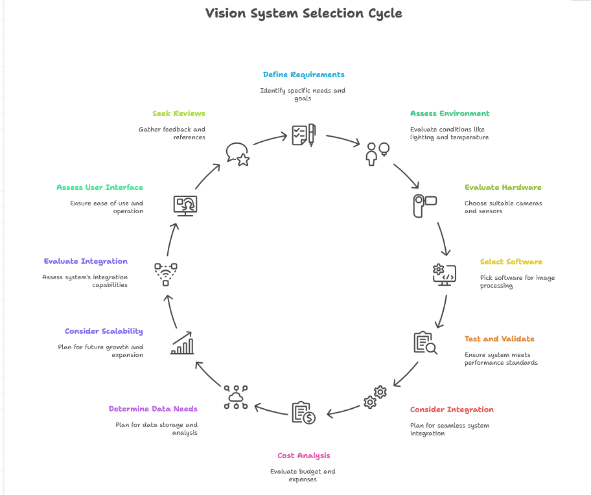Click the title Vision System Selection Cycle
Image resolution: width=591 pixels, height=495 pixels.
click(303, 13)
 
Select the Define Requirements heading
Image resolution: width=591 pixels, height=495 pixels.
click(303, 75)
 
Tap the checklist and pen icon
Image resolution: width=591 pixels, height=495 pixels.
click(303, 135)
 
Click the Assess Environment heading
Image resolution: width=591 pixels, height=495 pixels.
click(450, 113)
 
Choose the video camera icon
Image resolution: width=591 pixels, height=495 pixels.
click(425, 205)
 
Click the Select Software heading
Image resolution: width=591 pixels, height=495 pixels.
click(511, 262)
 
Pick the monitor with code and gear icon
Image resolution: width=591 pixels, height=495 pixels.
click(445, 274)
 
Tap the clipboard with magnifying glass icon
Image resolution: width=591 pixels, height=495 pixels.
click(425, 343)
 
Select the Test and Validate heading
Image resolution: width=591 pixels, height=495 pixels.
click(499, 339)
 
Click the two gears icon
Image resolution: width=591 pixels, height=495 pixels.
click(375, 397)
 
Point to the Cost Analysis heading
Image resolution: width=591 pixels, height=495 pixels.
click(303, 455)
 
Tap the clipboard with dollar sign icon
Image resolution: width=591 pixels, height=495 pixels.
click(303, 413)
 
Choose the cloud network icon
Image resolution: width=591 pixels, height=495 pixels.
click(235, 397)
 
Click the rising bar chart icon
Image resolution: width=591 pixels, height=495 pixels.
click(182, 343)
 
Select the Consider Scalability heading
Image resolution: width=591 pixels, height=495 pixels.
click(104, 331)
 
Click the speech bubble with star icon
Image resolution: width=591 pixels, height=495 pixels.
click(237, 154)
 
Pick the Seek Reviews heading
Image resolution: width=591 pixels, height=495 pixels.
click(178, 113)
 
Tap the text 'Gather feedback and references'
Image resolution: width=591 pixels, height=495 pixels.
click(172, 133)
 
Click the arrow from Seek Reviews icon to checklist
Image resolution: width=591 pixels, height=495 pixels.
click(270, 138)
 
